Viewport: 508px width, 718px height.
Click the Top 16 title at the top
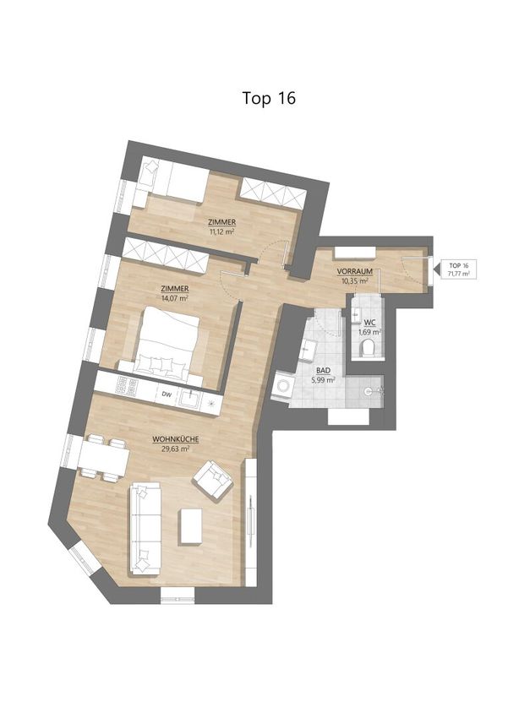pyautogui.click(x=269, y=98)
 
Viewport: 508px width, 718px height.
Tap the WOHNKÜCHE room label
pyautogui.click(x=176, y=439)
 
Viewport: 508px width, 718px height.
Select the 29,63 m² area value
pyautogui.click(x=176, y=449)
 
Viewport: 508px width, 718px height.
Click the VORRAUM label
pyautogui.click(x=354, y=271)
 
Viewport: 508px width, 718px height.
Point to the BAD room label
pyautogui.click(x=324, y=371)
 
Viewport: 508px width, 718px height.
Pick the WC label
pyautogui.click(x=369, y=323)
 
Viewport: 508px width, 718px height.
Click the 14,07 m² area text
pyautogui.click(x=175, y=298)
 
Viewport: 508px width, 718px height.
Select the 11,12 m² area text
pyautogui.click(x=221, y=231)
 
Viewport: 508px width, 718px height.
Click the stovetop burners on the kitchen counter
pyautogui.click(x=126, y=387)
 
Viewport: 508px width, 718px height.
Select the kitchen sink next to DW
pyautogui.click(x=190, y=399)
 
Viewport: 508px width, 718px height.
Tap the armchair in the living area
pyautogui.click(x=212, y=479)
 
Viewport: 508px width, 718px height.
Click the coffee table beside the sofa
pyautogui.click(x=190, y=526)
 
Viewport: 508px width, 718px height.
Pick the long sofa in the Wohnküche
pyautogui.click(x=145, y=530)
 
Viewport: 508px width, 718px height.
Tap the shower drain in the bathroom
pyautogui.click(x=369, y=391)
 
